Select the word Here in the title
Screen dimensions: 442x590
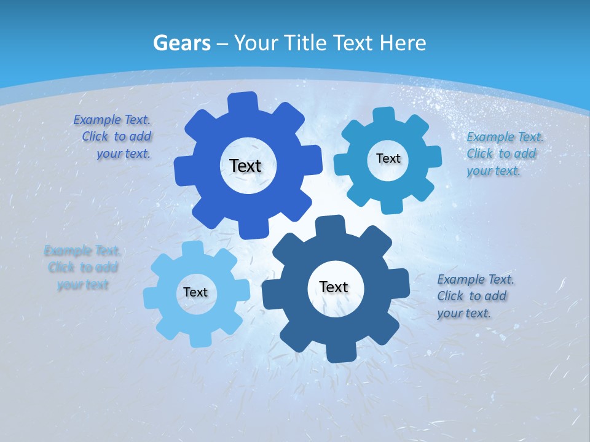click(x=403, y=43)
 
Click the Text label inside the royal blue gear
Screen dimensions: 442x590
click(x=245, y=166)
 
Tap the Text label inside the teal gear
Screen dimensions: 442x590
click(x=388, y=158)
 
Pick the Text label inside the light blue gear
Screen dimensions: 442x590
click(x=195, y=293)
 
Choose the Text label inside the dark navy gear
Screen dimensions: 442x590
click(x=334, y=287)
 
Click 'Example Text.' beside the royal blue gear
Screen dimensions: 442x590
click(x=112, y=120)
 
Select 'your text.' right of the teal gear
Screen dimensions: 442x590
click(x=493, y=171)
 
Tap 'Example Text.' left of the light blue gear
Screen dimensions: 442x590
click(x=82, y=250)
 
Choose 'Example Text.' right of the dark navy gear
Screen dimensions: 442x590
click(x=476, y=279)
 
